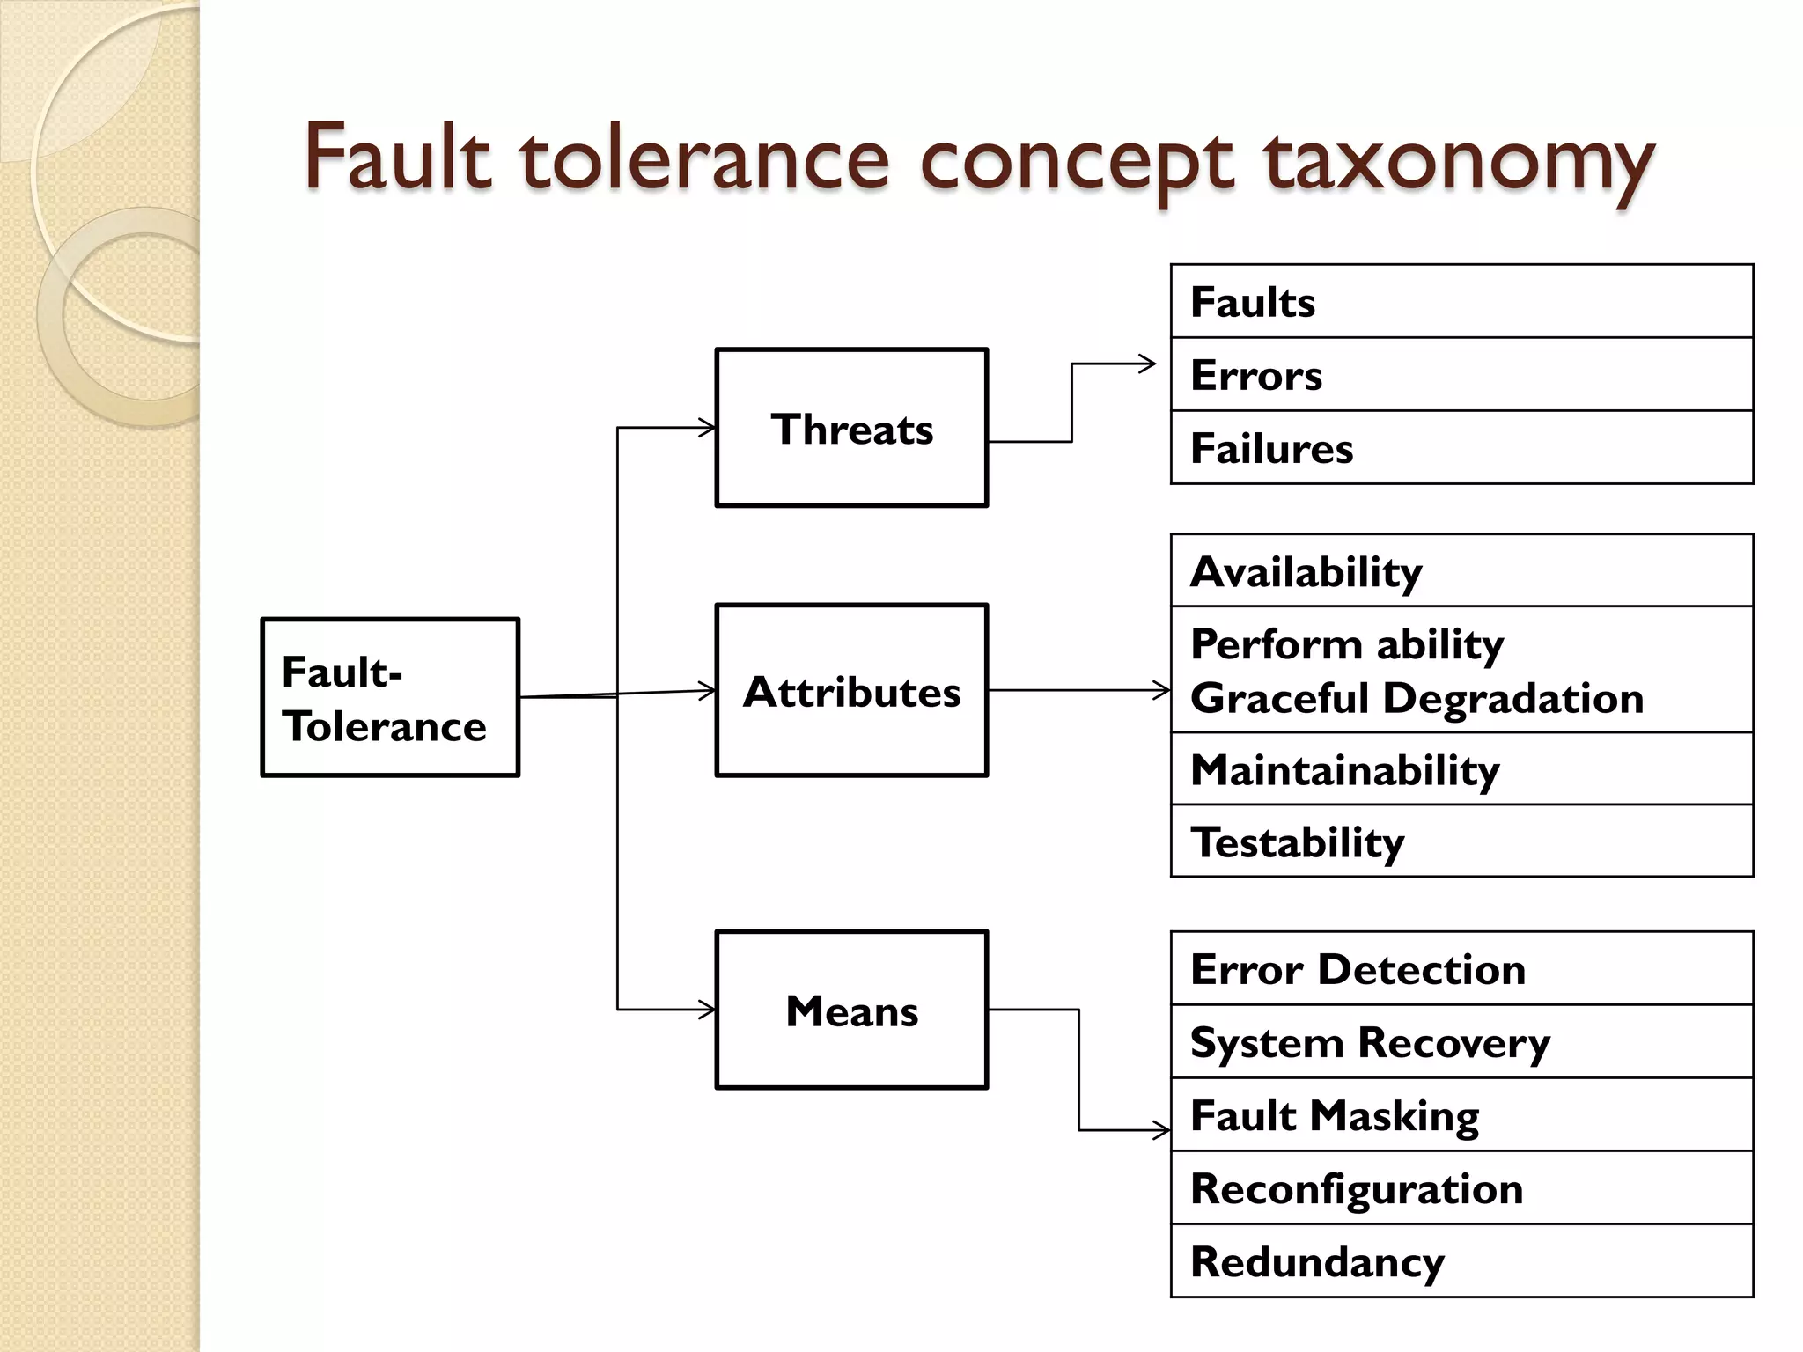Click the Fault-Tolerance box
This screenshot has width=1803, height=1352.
[390, 697]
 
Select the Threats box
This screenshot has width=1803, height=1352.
[851, 428]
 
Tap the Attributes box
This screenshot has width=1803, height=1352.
[851, 691]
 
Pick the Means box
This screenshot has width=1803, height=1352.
[851, 1010]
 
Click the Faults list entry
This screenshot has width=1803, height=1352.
[1461, 302]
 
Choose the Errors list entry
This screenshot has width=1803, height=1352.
[1461, 375]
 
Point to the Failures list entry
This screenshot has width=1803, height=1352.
[1461, 448]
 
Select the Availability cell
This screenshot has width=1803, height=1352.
[1461, 571]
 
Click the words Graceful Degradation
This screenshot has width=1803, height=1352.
[1417, 698]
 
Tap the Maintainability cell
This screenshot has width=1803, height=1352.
[1461, 769]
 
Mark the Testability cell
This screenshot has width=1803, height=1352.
[1461, 841]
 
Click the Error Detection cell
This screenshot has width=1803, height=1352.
[1461, 969]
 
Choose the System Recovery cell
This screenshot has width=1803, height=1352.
[1461, 1042]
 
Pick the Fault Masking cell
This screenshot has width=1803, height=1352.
[1461, 1115]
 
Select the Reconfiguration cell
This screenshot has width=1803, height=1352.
[1461, 1188]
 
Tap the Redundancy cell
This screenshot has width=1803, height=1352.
[1461, 1261]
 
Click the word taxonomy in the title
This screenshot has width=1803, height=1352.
[1459, 163]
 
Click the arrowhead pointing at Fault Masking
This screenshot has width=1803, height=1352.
[1162, 1129]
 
